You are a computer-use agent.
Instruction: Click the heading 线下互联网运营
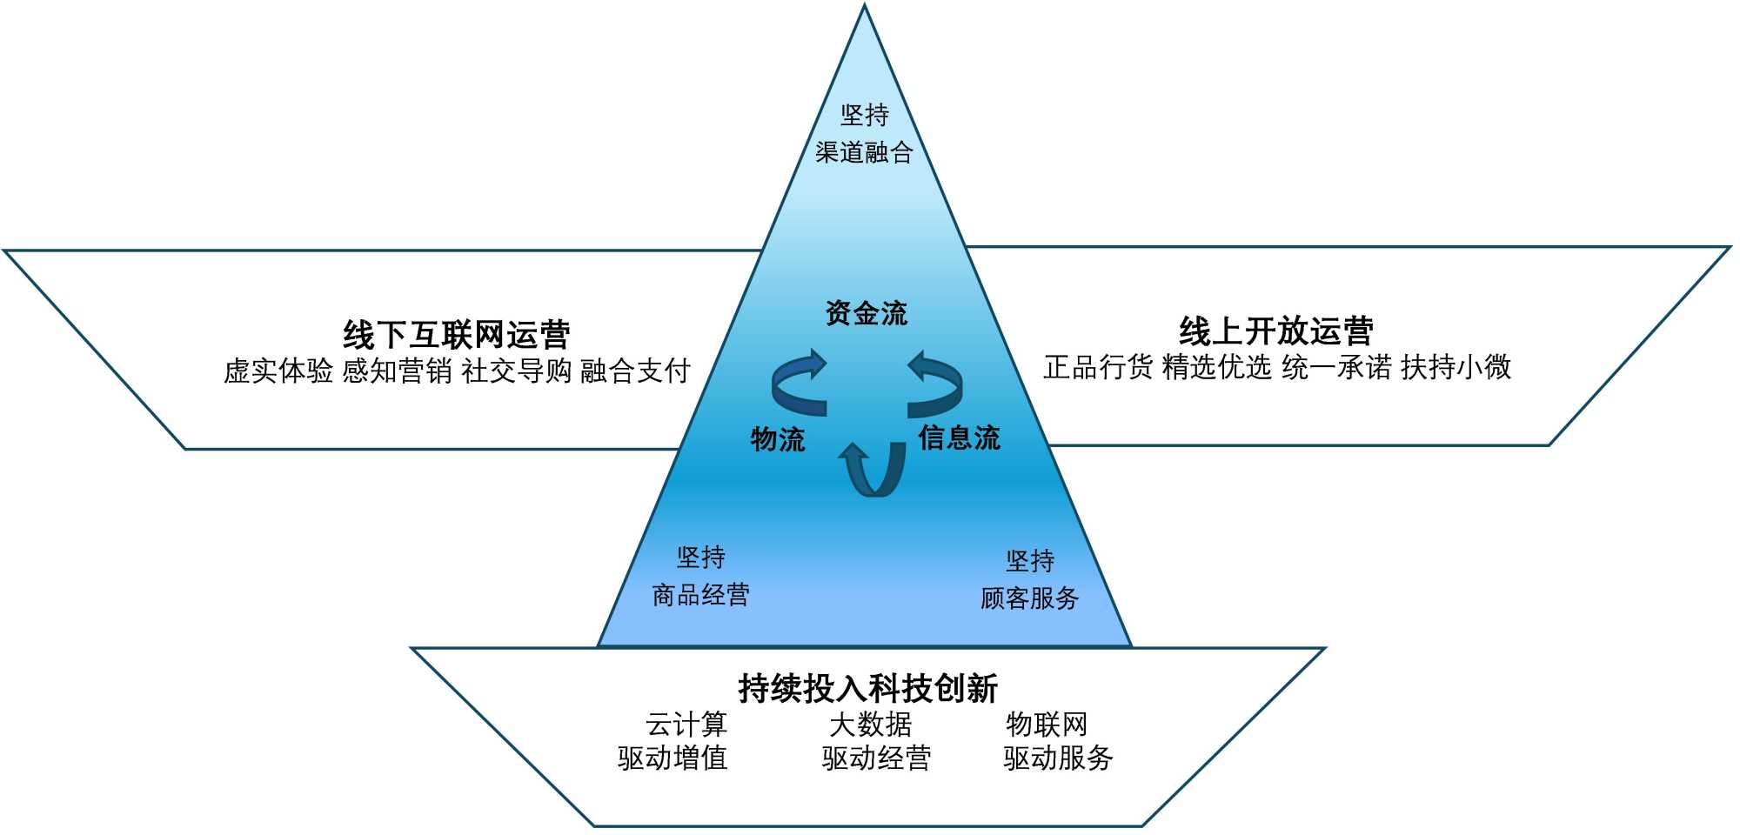457,335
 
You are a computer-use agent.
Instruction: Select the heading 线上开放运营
1276,331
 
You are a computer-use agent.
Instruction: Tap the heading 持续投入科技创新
867,688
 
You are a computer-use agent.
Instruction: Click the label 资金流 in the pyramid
867,313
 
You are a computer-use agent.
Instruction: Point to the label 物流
778,439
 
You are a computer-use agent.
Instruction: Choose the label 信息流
959,438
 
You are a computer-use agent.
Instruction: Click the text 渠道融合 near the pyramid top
864,153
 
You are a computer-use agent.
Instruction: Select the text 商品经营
700,595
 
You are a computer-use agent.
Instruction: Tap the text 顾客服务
1029,598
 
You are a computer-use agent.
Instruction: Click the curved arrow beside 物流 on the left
797,384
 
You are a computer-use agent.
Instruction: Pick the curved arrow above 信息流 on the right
937,384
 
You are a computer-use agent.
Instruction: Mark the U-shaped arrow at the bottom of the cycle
874,471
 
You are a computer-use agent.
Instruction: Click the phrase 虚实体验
278,371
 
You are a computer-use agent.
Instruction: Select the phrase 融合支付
635,371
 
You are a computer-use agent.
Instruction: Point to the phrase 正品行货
1098,367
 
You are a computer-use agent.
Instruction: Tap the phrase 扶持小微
1456,367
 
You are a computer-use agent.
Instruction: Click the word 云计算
686,724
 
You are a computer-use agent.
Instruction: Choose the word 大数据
870,724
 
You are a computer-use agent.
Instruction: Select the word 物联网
1047,724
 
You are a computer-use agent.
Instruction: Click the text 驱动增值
673,758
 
